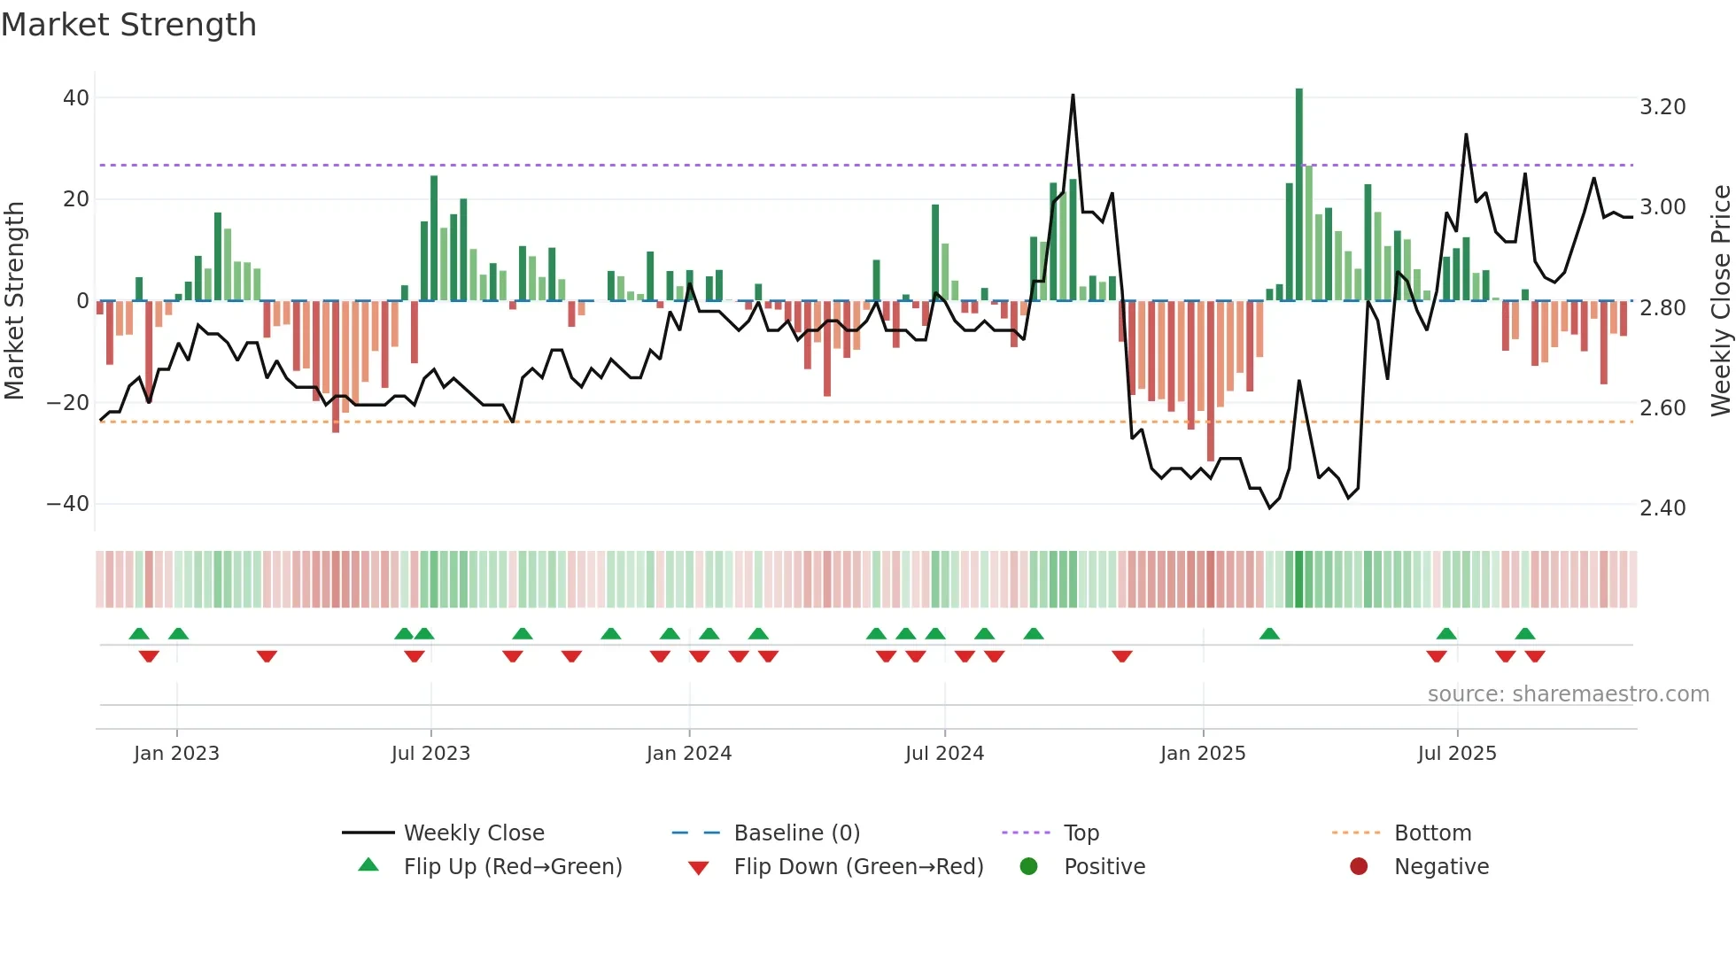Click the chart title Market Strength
(x=128, y=25)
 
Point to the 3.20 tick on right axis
(x=1662, y=107)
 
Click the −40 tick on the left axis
(x=68, y=504)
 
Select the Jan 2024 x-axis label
(x=689, y=754)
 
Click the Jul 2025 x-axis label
(x=1457, y=754)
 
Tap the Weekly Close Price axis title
(x=1720, y=300)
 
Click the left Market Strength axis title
(x=15, y=300)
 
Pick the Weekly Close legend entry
(x=474, y=833)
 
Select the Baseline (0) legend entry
(x=796, y=833)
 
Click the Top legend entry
(x=1081, y=833)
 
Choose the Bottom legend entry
(x=1432, y=833)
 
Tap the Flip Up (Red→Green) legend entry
(x=513, y=867)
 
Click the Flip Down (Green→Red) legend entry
(x=858, y=867)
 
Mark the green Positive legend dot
(x=1028, y=867)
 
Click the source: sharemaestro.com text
(x=1568, y=694)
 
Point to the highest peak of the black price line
(x=1073, y=96)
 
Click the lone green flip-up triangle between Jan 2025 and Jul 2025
(x=1269, y=633)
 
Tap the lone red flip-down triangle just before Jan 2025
(x=1122, y=656)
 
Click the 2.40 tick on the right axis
(x=1662, y=508)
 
